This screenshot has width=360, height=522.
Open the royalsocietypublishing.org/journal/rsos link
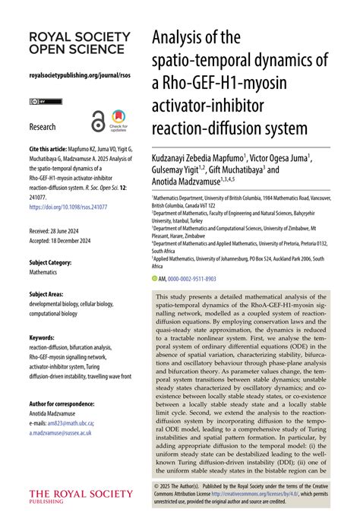[74, 76]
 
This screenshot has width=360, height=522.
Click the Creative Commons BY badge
[40, 101]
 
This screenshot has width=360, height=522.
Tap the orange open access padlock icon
[97, 119]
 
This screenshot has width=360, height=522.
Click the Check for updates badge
[119, 120]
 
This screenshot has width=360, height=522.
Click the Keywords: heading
[41, 337]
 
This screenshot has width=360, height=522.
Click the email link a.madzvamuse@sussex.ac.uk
[60, 432]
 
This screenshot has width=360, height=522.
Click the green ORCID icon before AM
[155, 279]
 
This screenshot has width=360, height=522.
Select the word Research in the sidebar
[43, 126]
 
